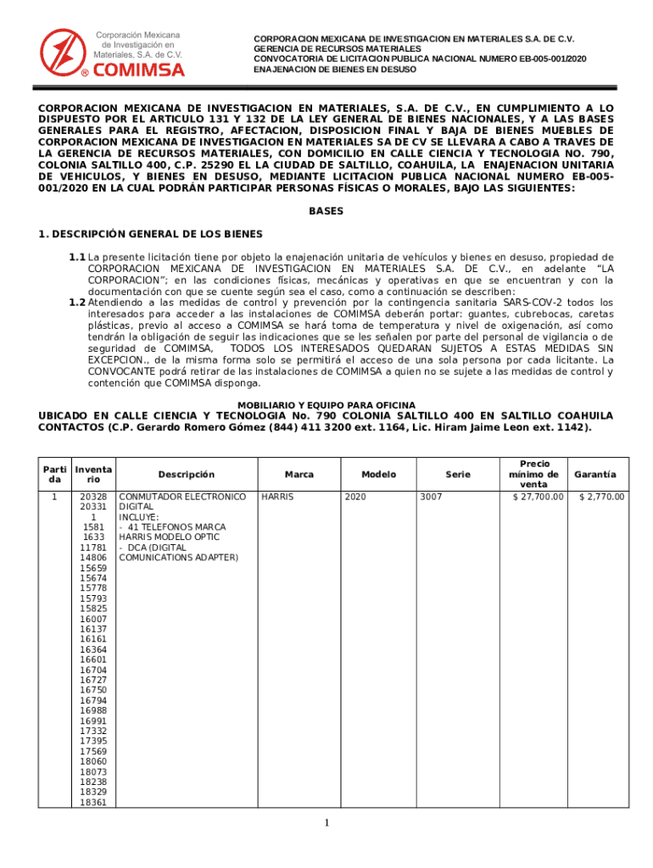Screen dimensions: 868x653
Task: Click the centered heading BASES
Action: click(326, 211)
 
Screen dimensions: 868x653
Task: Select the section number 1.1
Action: click(77, 257)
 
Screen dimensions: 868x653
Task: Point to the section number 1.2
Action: click(77, 303)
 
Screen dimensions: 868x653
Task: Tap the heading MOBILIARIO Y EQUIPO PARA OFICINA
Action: click(326, 405)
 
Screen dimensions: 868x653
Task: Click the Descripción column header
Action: click(186, 475)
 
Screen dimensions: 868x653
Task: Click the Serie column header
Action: click(457, 475)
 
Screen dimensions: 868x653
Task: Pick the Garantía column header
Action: click(595, 475)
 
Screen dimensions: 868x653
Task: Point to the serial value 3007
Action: click(431, 497)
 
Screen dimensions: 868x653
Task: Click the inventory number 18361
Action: click(93, 802)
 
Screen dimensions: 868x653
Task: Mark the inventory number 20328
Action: click(93, 497)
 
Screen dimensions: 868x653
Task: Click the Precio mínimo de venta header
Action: click(534, 475)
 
